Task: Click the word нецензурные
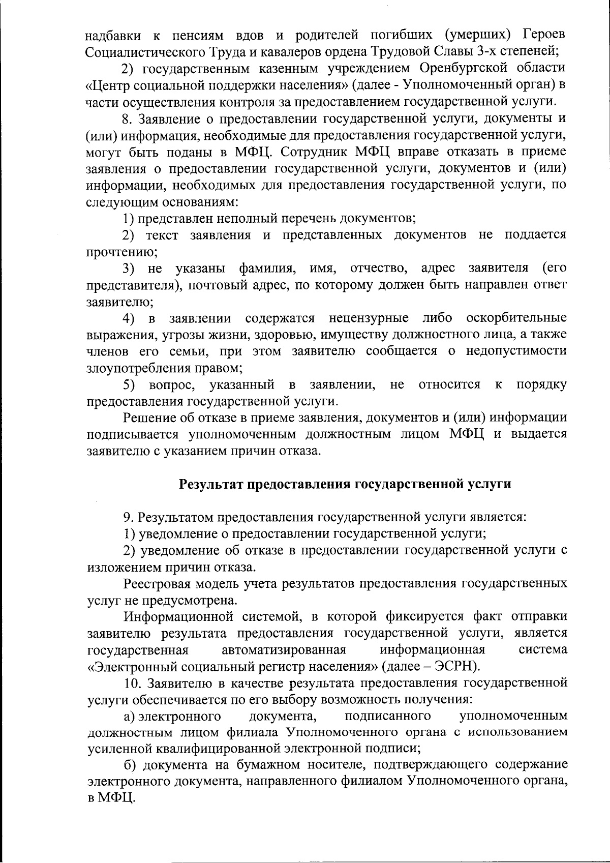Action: tap(369, 318)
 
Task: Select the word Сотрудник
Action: tap(315, 152)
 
